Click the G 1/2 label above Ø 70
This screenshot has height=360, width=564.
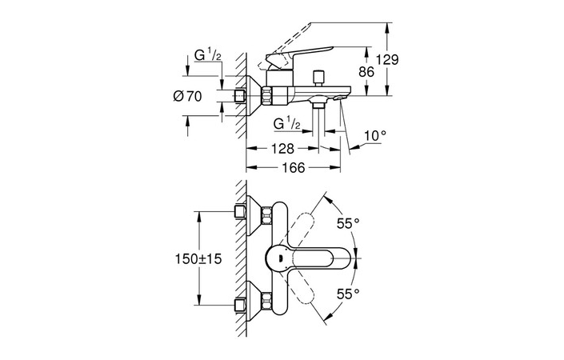pyautogui.click(x=206, y=57)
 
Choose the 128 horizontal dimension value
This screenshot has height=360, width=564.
pyautogui.click(x=281, y=148)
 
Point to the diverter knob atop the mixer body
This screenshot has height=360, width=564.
pyautogui.click(x=318, y=75)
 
